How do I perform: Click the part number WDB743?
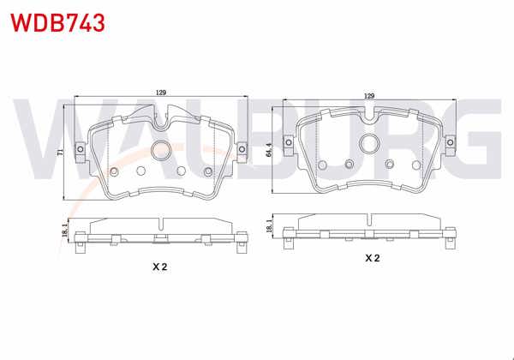point(57,22)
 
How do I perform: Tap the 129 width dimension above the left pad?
point(160,92)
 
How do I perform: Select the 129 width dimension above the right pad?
point(370,95)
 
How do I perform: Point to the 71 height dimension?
point(60,152)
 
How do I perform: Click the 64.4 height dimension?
point(268,151)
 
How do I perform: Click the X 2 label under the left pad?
point(159,267)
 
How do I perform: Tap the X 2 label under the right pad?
point(372,257)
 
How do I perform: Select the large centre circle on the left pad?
point(160,151)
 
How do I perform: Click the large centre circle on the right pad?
point(370,144)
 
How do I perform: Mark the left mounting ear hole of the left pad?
point(80,152)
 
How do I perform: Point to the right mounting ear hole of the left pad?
point(241,152)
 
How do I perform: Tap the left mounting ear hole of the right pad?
point(290,133)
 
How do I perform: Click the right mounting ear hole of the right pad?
point(451,133)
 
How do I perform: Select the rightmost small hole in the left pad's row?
point(206,171)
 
